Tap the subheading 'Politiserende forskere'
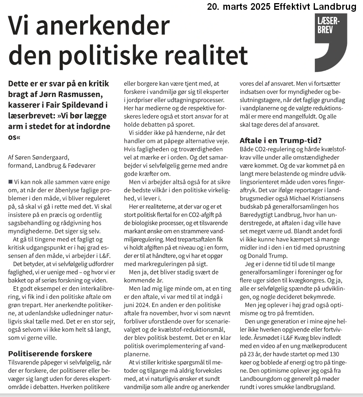50,354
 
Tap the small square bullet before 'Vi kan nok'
10,182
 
